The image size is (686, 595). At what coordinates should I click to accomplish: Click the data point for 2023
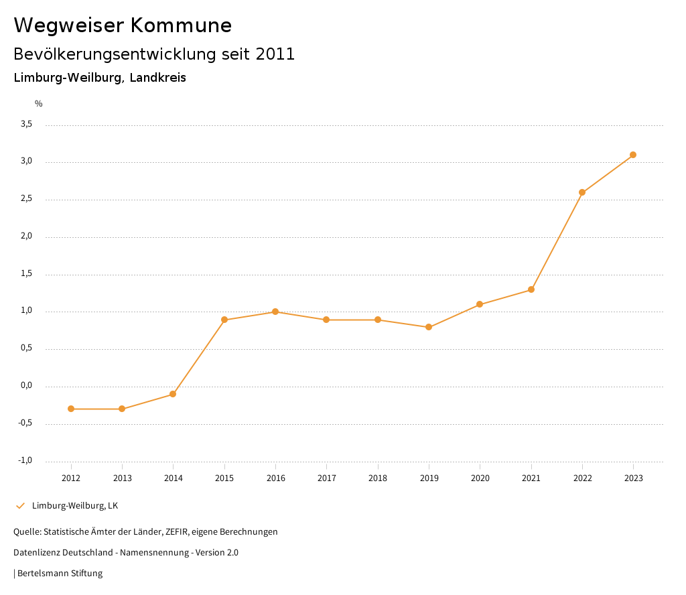[633, 155]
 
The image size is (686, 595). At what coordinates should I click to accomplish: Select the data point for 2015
[224, 320]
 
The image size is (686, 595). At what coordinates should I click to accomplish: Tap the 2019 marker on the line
[429, 327]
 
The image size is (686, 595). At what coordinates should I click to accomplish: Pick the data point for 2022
[582, 192]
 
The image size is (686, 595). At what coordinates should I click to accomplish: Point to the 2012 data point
[71, 409]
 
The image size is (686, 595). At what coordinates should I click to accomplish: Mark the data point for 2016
[275, 312]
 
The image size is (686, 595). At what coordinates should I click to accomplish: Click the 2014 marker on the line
[173, 394]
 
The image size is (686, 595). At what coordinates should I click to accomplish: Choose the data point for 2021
[531, 289]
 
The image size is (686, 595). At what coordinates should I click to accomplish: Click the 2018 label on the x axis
[378, 478]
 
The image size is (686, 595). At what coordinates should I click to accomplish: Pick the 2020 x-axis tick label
[480, 478]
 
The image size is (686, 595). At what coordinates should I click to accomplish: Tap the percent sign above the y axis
[39, 104]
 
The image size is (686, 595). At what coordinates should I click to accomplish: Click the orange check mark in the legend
[20, 506]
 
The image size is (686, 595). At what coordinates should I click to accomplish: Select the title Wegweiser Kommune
[123, 25]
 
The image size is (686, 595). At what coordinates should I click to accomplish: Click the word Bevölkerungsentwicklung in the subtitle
[115, 54]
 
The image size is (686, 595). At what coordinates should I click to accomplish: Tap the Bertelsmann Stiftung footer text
[60, 574]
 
